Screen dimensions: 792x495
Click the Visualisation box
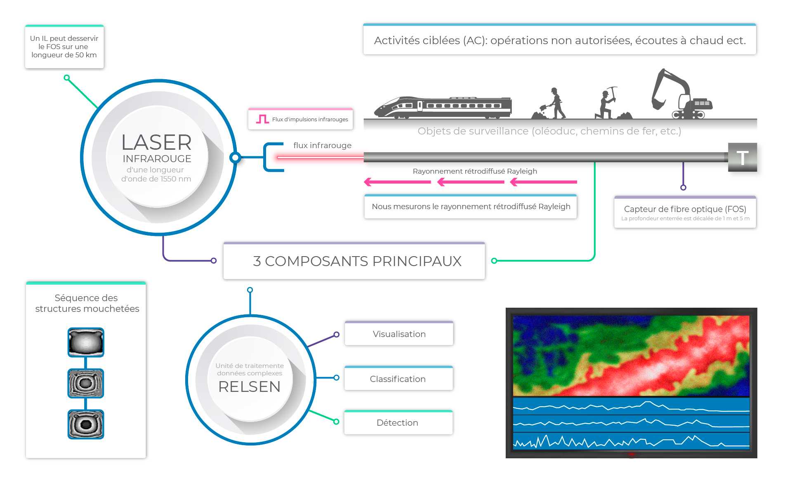[399, 333]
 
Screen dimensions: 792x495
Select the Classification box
[398, 378]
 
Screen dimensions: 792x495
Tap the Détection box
[398, 422]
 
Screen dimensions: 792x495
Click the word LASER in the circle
[156, 142]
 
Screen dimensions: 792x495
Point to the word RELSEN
[250, 387]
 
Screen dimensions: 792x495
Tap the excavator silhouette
[681, 94]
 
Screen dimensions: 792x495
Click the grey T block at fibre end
[742, 157]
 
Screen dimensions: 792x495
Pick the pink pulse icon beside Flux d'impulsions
[262, 119]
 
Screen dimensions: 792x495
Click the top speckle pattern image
[86, 342]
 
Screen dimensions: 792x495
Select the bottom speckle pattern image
[86, 424]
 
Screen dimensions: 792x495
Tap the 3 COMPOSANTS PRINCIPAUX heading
[357, 261]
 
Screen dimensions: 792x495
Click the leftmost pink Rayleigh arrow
[397, 182]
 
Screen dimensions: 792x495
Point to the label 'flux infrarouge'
[323, 145]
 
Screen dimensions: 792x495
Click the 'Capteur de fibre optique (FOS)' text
[685, 209]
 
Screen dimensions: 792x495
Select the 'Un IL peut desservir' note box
[64, 47]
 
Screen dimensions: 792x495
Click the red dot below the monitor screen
[631, 455]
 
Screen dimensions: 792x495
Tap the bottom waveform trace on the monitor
[631, 441]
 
